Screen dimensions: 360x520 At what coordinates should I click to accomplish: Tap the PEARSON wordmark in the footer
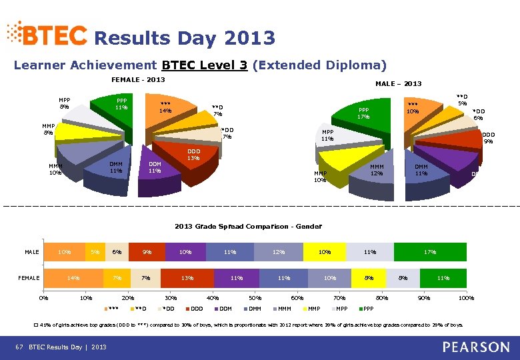click(x=475, y=347)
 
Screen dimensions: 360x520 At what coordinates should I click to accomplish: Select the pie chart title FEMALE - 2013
click(x=137, y=79)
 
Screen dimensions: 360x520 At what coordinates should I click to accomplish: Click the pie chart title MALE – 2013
click(x=398, y=83)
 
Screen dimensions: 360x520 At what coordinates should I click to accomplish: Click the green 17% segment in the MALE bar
click(x=430, y=252)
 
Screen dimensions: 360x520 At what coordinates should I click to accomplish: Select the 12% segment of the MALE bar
click(x=279, y=252)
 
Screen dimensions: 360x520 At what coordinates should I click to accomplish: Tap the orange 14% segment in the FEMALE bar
click(x=73, y=278)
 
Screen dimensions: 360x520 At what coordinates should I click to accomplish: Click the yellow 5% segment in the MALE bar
click(x=95, y=252)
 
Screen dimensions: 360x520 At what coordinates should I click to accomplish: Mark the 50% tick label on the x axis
click(x=255, y=298)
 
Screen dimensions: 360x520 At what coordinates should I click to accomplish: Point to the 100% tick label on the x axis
click(x=466, y=298)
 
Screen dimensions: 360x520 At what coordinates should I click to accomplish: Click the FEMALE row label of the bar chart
click(x=29, y=278)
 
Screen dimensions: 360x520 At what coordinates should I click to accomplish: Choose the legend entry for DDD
click(x=194, y=309)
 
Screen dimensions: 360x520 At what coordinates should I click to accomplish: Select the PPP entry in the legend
click(x=365, y=309)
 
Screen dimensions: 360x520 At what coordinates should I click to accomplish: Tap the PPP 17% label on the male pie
click(x=363, y=113)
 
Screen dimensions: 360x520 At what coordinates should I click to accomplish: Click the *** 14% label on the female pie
click(x=166, y=107)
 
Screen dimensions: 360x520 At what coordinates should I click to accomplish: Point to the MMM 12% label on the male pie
click(x=377, y=170)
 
